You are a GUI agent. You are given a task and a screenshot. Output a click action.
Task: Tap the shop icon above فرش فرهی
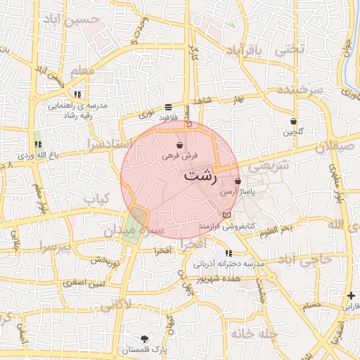(x=181, y=145)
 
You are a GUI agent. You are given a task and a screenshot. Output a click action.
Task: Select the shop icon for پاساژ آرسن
(x=238, y=181)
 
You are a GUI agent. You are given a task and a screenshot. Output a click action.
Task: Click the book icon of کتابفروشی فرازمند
(x=226, y=215)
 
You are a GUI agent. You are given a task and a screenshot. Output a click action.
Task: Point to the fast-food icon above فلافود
(x=169, y=108)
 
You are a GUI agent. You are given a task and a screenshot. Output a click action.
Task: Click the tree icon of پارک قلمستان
(x=145, y=339)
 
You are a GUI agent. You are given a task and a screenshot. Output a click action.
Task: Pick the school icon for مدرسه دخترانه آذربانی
(x=229, y=253)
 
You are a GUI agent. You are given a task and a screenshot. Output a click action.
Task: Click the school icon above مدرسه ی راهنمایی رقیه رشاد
(x=77, y=94)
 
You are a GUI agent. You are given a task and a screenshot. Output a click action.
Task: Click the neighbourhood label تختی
(x=290, y=49)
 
